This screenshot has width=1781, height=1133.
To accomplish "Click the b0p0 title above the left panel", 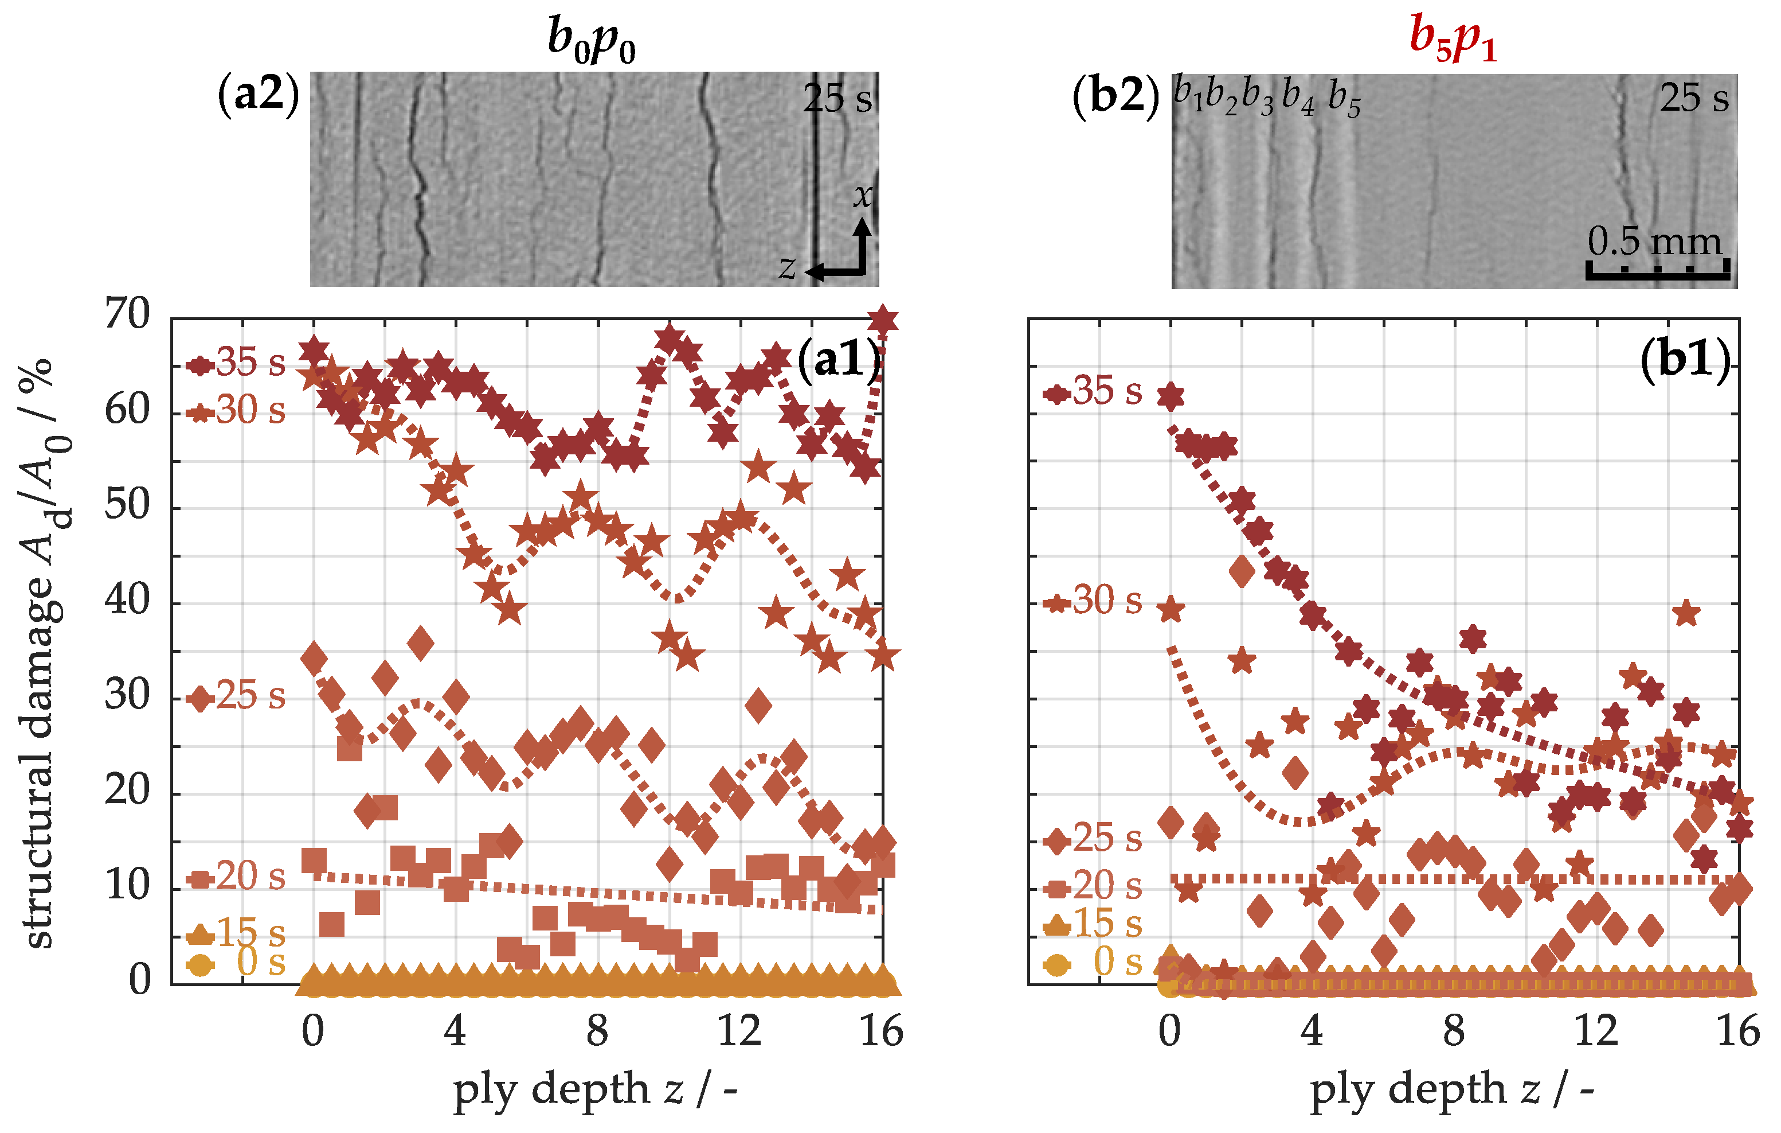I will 591,41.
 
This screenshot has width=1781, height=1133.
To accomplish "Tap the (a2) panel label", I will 258,95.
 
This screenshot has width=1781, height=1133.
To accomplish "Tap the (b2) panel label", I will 1115,96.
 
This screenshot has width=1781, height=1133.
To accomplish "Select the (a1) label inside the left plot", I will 839,360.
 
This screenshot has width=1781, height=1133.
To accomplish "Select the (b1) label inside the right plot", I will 1685,360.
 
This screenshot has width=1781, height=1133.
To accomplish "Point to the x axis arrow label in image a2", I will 862,196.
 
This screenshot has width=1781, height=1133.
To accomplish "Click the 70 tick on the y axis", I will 127,314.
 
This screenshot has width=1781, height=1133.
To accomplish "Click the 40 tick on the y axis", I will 127,599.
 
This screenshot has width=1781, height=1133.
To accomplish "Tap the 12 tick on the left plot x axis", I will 739,1031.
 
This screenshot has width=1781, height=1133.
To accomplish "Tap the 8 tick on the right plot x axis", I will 1453,1031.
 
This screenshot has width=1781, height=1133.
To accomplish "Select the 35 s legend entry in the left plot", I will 237,363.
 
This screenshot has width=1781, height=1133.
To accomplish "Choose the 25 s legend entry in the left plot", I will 237,696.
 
